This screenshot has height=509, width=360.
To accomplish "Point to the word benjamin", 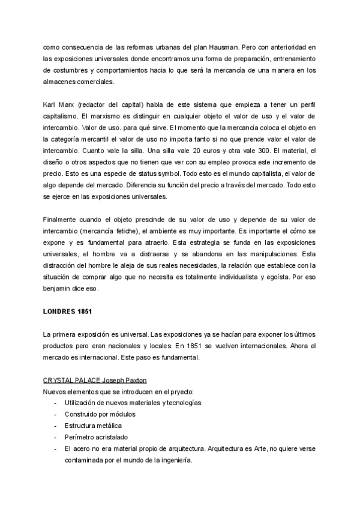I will point(59,288).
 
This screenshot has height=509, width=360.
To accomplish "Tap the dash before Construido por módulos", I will point(55,414).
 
